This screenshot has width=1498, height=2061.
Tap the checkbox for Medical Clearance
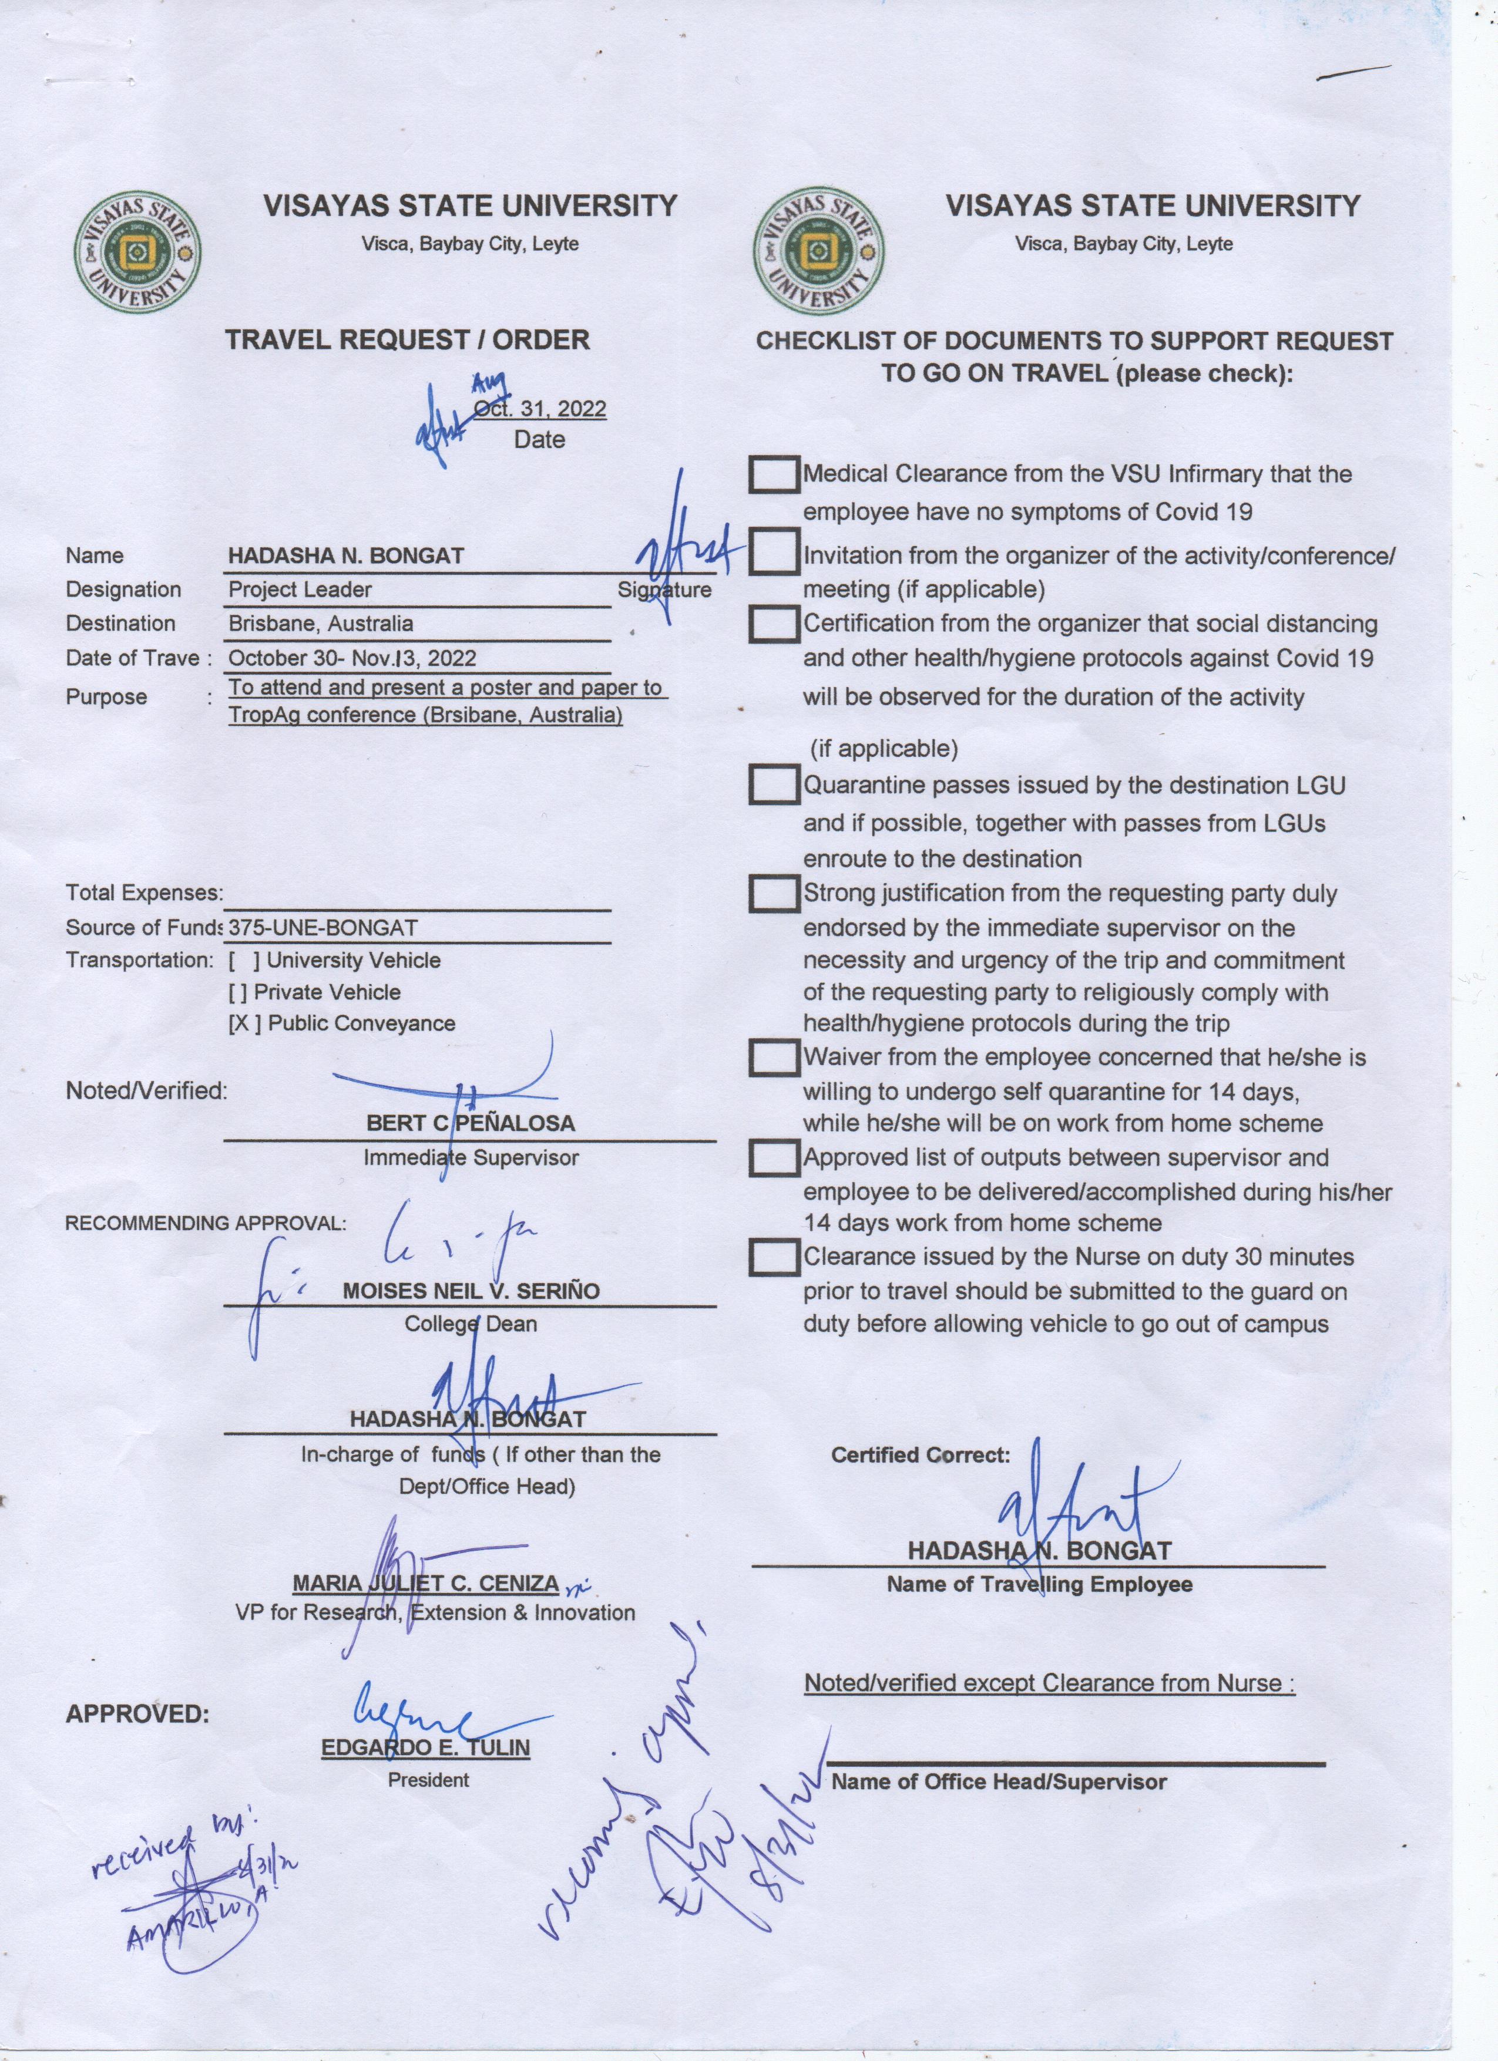click(x=774, y=474)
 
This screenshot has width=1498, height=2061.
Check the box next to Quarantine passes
click(x=774, y=785)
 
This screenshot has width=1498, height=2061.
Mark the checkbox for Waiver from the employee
click(x=774, y=1058)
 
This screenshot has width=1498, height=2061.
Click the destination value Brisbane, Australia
click(x=320, y=624)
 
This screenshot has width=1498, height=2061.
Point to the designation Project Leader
click(x=300, y=590)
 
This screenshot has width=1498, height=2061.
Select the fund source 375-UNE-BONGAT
click(x=323, y=928)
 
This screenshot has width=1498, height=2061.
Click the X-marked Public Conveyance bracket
click(x=244, y=1023)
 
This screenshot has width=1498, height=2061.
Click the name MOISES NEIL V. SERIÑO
click(x=471, y=1291)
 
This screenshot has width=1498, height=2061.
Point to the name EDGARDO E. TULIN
click(x=425, y=1747)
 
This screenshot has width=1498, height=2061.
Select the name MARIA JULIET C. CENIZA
click(x=425, y=1583)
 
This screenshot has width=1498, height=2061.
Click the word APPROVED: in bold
click(x=137, y=1714)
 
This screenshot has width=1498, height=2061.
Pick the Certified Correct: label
click(x=920, y=1455)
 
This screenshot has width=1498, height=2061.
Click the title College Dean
click(x=471, y=1324)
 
